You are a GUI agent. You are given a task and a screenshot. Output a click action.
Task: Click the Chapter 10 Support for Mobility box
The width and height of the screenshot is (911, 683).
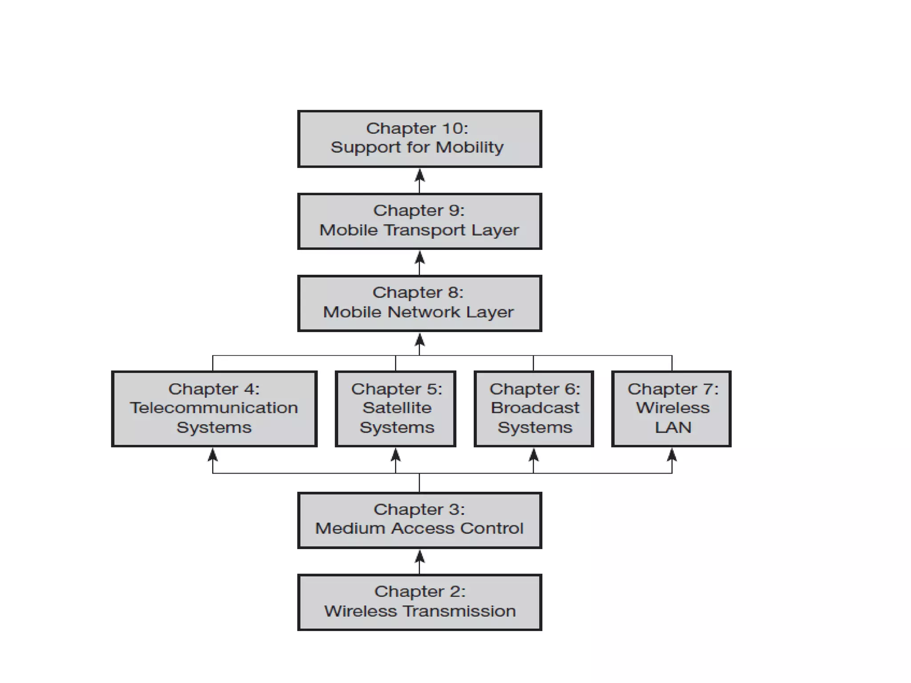[419, 139]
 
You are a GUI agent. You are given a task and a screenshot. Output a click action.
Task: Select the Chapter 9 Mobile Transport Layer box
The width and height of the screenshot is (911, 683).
[419, 221]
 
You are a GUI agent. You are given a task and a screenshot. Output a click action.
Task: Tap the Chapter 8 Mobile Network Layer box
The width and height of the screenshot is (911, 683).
[419, 303]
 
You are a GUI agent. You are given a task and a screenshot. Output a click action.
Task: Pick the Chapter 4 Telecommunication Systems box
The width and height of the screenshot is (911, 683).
[214, 409]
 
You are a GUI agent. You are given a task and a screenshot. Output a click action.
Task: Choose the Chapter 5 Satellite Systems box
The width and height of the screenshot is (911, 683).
[395, 409]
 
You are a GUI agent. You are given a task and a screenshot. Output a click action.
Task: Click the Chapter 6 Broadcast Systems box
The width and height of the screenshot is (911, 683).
[534, 409]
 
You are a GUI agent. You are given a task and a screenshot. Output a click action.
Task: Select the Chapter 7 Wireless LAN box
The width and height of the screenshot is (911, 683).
[671, 409]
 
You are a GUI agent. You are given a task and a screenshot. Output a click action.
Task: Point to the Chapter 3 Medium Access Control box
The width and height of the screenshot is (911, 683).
[419, 520]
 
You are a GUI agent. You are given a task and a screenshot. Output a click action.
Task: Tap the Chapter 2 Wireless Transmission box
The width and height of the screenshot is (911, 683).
[419, 602]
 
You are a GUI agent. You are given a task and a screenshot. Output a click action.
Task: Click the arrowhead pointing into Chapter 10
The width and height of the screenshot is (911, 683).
[419, 176]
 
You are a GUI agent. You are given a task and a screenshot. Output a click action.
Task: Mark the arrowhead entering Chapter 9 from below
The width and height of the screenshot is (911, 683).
[419, 257]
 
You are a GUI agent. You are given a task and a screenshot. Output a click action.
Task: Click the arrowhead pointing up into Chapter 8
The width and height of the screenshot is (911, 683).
[419, 341]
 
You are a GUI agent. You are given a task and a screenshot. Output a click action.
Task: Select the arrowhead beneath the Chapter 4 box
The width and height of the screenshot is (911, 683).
[213, 455]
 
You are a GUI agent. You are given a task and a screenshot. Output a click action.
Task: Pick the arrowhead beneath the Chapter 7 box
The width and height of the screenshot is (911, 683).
[672, 455]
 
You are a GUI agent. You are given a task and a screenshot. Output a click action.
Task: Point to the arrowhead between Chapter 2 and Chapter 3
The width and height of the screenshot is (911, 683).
[419, 557]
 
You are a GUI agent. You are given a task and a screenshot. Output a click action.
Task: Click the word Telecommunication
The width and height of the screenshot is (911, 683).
[214, 408]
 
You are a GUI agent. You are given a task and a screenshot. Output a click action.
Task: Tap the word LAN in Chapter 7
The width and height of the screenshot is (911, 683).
[673, 427]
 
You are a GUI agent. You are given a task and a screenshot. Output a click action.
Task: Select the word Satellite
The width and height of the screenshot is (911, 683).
[397, 408]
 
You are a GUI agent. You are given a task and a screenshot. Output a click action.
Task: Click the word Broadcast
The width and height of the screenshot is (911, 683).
[535, 408]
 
